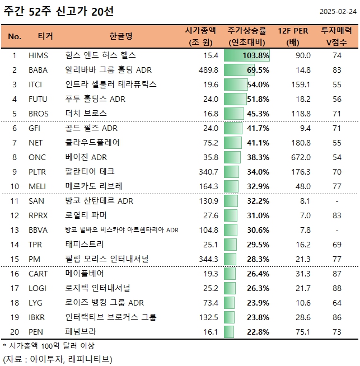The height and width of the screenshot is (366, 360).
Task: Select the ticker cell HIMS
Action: [x=38, y=55]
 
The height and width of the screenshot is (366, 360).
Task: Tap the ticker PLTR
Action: [x=39, y=172]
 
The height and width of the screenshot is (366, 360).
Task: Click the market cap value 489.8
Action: [x=208, y=70]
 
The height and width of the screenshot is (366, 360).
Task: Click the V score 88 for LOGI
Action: [x=336, y=288]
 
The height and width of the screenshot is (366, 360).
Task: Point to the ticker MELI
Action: [x=38, y=186]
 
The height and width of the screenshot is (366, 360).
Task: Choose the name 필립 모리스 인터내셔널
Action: [x=110, y=259]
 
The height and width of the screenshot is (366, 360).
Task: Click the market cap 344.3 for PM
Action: [x=208, y=259]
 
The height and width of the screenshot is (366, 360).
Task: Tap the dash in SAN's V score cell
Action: [x=336, y=201]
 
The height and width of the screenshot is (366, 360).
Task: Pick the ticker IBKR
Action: [x=38, y=317]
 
